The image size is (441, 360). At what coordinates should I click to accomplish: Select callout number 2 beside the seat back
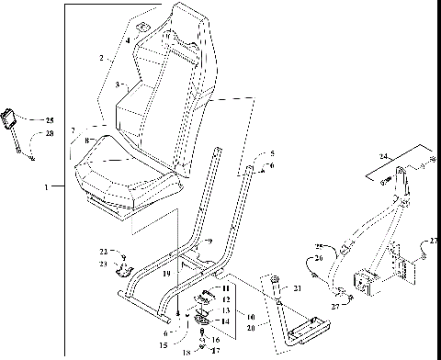click(101, 57)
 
